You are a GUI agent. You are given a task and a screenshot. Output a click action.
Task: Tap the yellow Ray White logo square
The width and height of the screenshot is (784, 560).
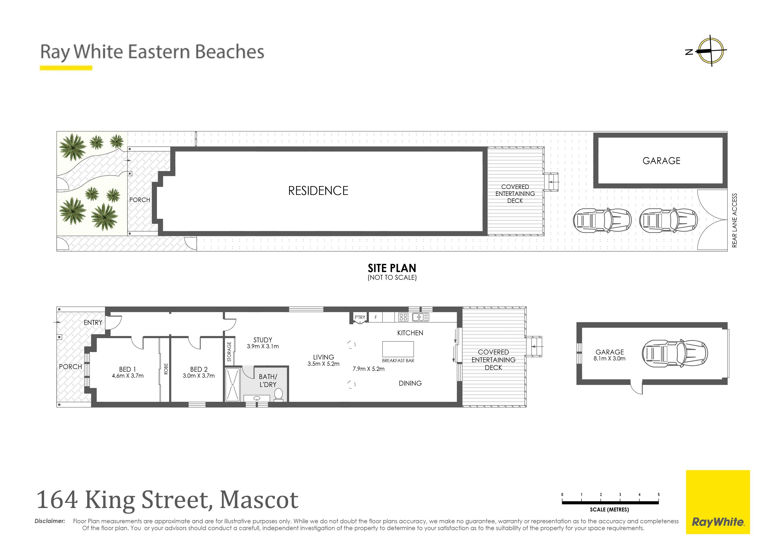coord(718,502)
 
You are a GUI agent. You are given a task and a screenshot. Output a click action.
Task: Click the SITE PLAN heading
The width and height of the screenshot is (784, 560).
coord(392,268)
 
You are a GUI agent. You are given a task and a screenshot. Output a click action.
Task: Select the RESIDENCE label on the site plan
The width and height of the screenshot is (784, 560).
coord(318,191)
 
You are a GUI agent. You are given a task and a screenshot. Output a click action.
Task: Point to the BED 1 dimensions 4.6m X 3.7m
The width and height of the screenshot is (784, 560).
coord(128,376)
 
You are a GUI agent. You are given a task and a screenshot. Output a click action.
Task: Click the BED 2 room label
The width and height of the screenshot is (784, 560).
coord(199,369)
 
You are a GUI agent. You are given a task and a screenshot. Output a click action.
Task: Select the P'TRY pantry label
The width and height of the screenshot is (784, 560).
coord(360,317)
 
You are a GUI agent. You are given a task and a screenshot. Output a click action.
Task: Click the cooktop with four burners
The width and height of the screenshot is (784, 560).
coord(403,317)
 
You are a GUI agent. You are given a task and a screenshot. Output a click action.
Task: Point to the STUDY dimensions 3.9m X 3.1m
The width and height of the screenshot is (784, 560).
coord(263,346)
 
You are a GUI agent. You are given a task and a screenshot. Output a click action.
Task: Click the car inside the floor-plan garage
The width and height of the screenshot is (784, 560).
coord(675,353)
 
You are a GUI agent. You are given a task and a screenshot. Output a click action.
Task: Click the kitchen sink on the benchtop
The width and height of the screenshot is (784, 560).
coord(420,317)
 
